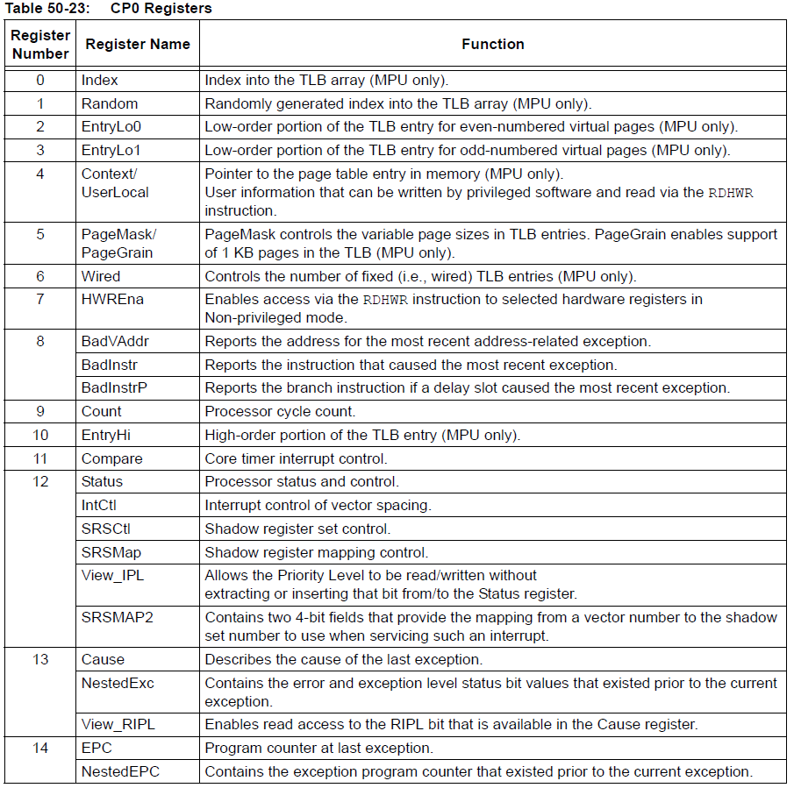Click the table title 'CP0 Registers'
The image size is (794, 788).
pyautogui.click(x=161, y=9)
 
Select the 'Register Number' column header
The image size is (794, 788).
pyautogui.click(x=40, y=45)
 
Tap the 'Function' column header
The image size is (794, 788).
pyautogui.click(x=492, y=44)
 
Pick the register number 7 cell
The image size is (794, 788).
pyautogui.click(x=40, y=300)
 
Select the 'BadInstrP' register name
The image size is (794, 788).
pyautogui.click(x=114, y=387)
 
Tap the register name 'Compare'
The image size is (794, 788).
pyautogui.click(x=111, y=458)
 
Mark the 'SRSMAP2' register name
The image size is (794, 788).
pyautogui.click(x=117, y=617)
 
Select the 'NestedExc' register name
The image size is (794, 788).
pyautogui.click(x=118, y=683)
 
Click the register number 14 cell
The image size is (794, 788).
pyautogui.click(x=40, y=749)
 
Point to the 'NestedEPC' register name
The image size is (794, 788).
pyautogui.click(x=120, y=772)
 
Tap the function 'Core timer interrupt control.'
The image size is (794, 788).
pyautogui.click(x=296, y=458)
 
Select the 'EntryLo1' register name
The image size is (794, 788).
pyautogui.click(x=111, y=150)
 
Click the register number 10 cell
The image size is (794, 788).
pyautogui.click(x=40, y=435)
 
